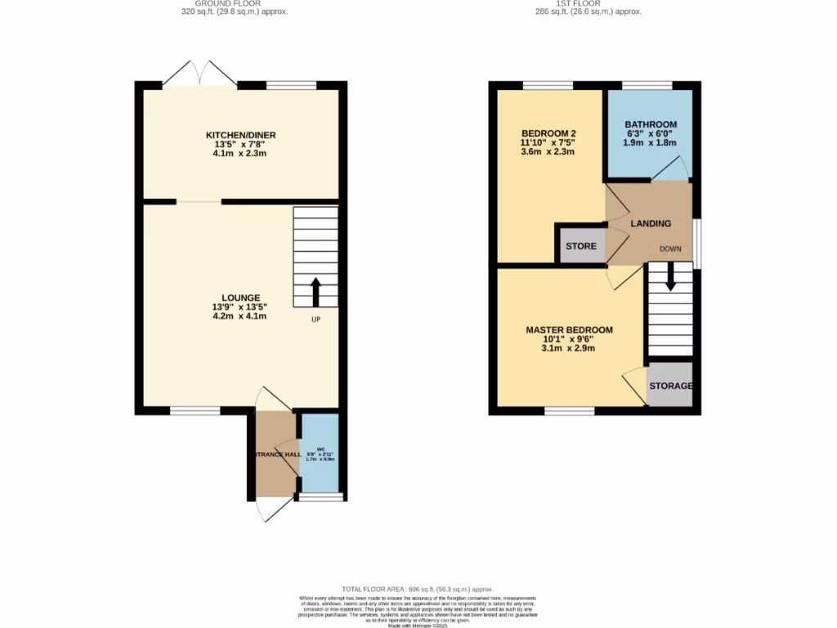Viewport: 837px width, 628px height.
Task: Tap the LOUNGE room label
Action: click(x=240, y=298)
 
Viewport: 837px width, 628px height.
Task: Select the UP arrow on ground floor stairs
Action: click(x=316, y=292)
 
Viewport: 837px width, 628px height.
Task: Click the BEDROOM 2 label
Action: click(x=549, y=133)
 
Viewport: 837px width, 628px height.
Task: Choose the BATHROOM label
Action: click(x=651, y=124)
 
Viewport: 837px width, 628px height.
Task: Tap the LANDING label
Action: click(x=651, y=223)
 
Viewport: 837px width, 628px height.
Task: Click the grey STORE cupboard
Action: click(x=581, y=246)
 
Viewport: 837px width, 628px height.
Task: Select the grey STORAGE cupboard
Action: click(x=670, y=386)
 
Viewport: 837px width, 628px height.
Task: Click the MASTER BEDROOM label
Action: click(x=569, y=330)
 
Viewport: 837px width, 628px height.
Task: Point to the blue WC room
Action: click(x=320, y=454)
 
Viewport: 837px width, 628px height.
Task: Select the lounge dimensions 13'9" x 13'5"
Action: click(x=240, y=307)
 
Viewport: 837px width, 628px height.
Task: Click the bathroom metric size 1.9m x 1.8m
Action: click(x=651, y=144)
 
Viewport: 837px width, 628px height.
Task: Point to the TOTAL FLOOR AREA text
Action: click(x=418, y=589)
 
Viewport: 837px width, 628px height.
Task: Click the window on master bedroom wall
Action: click(x=570, y=411)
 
